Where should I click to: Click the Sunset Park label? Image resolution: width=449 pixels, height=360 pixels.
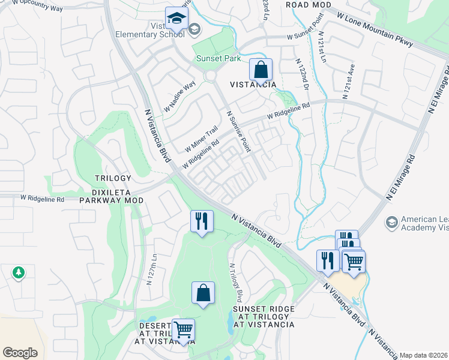click(218, 59)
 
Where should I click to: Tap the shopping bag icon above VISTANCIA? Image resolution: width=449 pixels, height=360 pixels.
click(261, 70)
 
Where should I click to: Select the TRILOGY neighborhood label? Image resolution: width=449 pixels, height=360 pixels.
click(113, 178)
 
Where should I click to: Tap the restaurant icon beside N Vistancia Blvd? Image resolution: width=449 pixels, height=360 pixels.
click(202, 221)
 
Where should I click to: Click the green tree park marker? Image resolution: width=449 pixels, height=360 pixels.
click(18, 273)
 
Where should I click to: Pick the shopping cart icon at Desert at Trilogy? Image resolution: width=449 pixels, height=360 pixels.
click(183, 330)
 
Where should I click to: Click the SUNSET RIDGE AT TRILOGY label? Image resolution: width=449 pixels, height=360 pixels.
click(264, 316)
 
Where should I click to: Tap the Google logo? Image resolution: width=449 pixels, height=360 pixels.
click(20, 353)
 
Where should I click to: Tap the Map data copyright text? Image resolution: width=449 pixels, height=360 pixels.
click(424, 355)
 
